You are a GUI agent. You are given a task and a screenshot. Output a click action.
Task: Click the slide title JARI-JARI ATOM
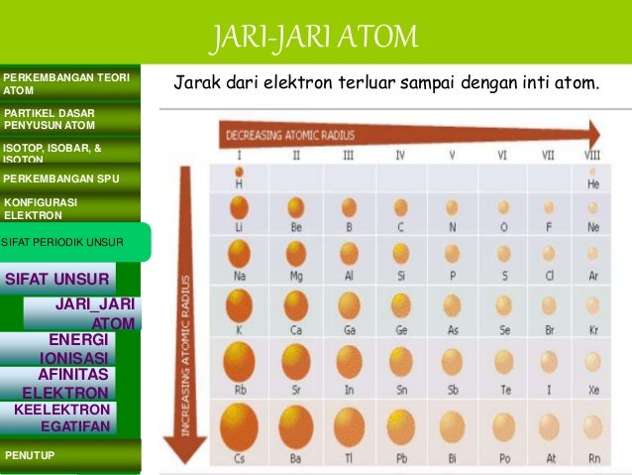314,40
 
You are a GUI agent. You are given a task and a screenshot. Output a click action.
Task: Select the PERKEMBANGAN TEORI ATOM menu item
69,84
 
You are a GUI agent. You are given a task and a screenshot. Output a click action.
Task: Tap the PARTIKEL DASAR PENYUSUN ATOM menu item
69,119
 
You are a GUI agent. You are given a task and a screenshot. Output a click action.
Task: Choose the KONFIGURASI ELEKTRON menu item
69,208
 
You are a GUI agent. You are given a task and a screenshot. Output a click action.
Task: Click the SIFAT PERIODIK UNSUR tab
74,242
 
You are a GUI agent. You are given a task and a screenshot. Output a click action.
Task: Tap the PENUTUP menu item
69,455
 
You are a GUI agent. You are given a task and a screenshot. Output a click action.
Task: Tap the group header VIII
592,156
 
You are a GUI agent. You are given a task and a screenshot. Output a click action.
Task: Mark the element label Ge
400,329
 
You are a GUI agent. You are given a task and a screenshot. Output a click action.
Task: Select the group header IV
400,156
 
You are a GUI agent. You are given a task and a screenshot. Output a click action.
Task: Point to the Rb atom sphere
239,360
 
